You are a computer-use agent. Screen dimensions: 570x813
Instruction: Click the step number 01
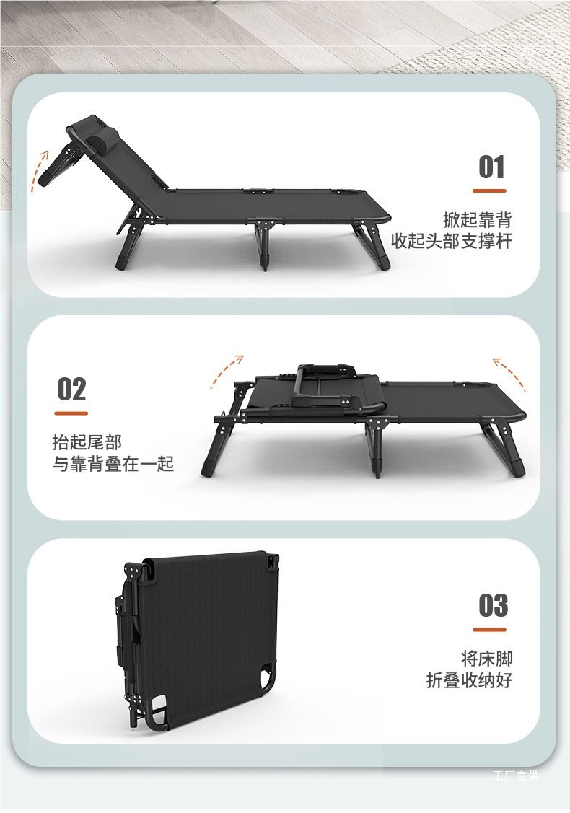pyautogui.click(x=491, y=167)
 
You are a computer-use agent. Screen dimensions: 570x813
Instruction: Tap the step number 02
pyautogui.click(x=71, y=389)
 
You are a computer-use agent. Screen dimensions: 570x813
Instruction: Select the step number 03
pyautogui.click(x=494, y=606)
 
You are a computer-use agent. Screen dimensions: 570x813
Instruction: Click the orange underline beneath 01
pyautogui.click(x=489, y=190)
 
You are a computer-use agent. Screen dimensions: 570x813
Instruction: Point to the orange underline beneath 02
pyautogui.click(x=71, y=413)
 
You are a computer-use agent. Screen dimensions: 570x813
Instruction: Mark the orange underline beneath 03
pyautogui.click(x=489, y=630)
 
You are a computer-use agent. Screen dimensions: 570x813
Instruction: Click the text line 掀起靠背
pyautogui.click(x=478, y=220)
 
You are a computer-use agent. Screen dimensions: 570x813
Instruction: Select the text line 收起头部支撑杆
pyautogui.click(x=452, y=241)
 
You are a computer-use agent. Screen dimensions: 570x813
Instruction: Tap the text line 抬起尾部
pyautogui.click(x=87, y=442)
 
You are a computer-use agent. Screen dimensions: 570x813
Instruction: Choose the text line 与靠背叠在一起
pyautogui.click(x=113, y=464)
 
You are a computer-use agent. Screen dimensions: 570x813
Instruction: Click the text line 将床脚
pyautogui.click(x=486, y=659)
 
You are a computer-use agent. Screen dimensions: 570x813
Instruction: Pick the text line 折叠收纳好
pyautogui.click(x=470, y=680)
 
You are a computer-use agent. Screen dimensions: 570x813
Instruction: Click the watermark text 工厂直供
pyautogui.click(x=516, y=775)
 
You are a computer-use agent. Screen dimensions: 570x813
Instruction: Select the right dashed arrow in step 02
pyautogui.click(x=511, y=372)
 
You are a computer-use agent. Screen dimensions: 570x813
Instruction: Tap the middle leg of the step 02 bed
pyautogui.click(x=377, y=447)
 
